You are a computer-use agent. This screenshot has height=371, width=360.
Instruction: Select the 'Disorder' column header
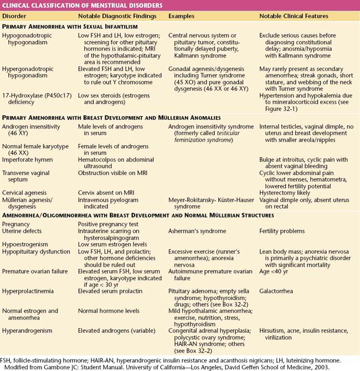[14, 16]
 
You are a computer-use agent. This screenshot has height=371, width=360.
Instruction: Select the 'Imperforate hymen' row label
[28, 160]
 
